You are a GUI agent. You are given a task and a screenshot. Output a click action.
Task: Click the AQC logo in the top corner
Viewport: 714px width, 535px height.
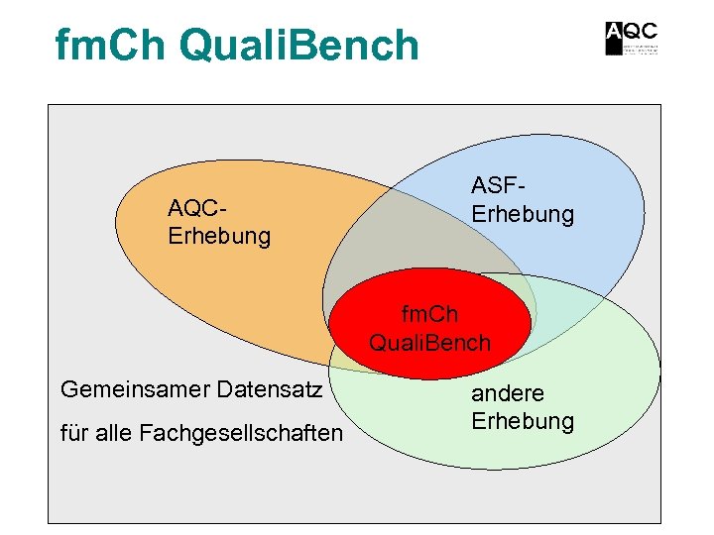point(632,38)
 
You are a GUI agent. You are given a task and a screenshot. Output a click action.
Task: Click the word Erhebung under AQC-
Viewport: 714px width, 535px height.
point(219,237)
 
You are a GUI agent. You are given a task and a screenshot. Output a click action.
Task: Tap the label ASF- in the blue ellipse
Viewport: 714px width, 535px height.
point(499,185)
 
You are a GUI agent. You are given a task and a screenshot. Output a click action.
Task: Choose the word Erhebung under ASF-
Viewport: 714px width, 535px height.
point(523,214)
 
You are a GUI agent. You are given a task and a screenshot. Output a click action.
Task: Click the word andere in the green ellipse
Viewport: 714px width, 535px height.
point(508,392)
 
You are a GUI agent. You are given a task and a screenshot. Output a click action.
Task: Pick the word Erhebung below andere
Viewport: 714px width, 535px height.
point(523,421)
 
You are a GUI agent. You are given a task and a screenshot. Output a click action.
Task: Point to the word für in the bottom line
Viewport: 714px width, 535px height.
point(74,433)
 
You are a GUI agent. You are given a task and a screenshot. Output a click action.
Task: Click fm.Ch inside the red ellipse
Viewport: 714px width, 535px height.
point(429,315)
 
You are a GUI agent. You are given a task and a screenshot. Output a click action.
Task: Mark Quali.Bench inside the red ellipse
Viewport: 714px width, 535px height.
point(429,343)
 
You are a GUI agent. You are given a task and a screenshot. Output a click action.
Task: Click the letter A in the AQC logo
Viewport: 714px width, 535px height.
point(615,38)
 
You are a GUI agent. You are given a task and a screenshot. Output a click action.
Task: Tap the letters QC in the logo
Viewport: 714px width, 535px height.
point(642,30)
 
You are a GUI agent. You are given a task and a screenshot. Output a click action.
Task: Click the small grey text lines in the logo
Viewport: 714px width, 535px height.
point(642,48)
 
